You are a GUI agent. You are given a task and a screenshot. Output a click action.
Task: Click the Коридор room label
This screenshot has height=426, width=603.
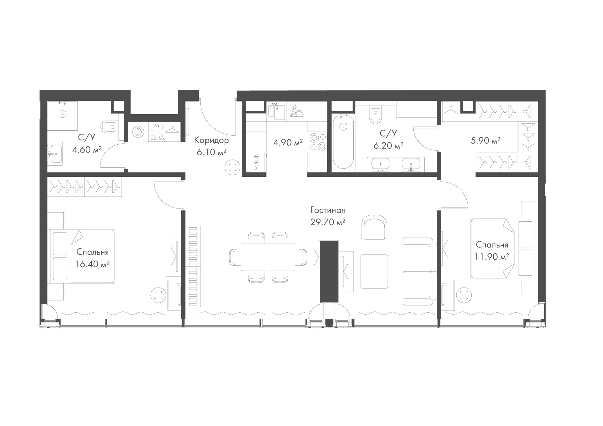(x=211, y=140)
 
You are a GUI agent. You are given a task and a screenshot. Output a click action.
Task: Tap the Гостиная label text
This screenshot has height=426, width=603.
(x=328, y=210)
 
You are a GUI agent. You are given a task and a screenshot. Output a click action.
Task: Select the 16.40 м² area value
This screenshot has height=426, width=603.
(x=92, y=264)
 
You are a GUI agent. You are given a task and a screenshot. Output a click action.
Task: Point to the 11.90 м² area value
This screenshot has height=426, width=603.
(x=492, y=257)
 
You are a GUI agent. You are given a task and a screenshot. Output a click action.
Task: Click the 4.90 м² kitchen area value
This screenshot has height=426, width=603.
(x=288, y=143)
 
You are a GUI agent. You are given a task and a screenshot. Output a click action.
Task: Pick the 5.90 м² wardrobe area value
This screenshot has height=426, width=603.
(x=486, y=141)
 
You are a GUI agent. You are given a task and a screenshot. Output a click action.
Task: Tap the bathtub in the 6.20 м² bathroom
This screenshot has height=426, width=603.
(x=344, y=142)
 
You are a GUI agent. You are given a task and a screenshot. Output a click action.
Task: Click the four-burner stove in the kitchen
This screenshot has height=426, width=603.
(x=317, y=142)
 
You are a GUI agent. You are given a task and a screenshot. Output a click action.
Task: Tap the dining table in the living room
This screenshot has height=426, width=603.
(x=268, y=257)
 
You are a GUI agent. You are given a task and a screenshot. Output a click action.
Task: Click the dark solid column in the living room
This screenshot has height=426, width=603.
(x=329, y=272)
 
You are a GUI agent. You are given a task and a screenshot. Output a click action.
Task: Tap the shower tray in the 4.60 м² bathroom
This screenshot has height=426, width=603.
(x=62, y=116)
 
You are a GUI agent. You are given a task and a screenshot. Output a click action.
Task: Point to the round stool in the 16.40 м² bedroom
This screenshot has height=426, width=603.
(x=158, y=295)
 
